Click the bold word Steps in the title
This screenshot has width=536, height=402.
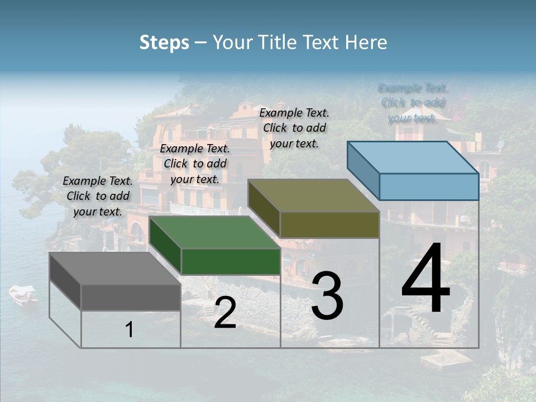coord(164,42)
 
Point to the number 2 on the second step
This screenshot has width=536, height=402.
coord(225,313)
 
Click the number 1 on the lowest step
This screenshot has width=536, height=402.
coord(130,329)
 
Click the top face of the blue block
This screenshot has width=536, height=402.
coord(413,157)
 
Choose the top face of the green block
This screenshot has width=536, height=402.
coord(214,232)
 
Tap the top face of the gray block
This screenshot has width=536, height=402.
coord(114,269)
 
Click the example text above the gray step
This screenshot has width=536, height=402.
coord(98,196)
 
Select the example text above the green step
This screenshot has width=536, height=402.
coord(195,164)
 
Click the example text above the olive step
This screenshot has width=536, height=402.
coord(294,128)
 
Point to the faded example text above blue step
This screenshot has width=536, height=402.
coord(413,103)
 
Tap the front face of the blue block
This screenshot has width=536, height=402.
coord(429,186)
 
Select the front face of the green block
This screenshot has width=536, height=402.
coord(231,261)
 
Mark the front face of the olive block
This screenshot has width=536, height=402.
coord(329,224)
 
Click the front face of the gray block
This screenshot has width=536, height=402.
coord(131,297)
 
